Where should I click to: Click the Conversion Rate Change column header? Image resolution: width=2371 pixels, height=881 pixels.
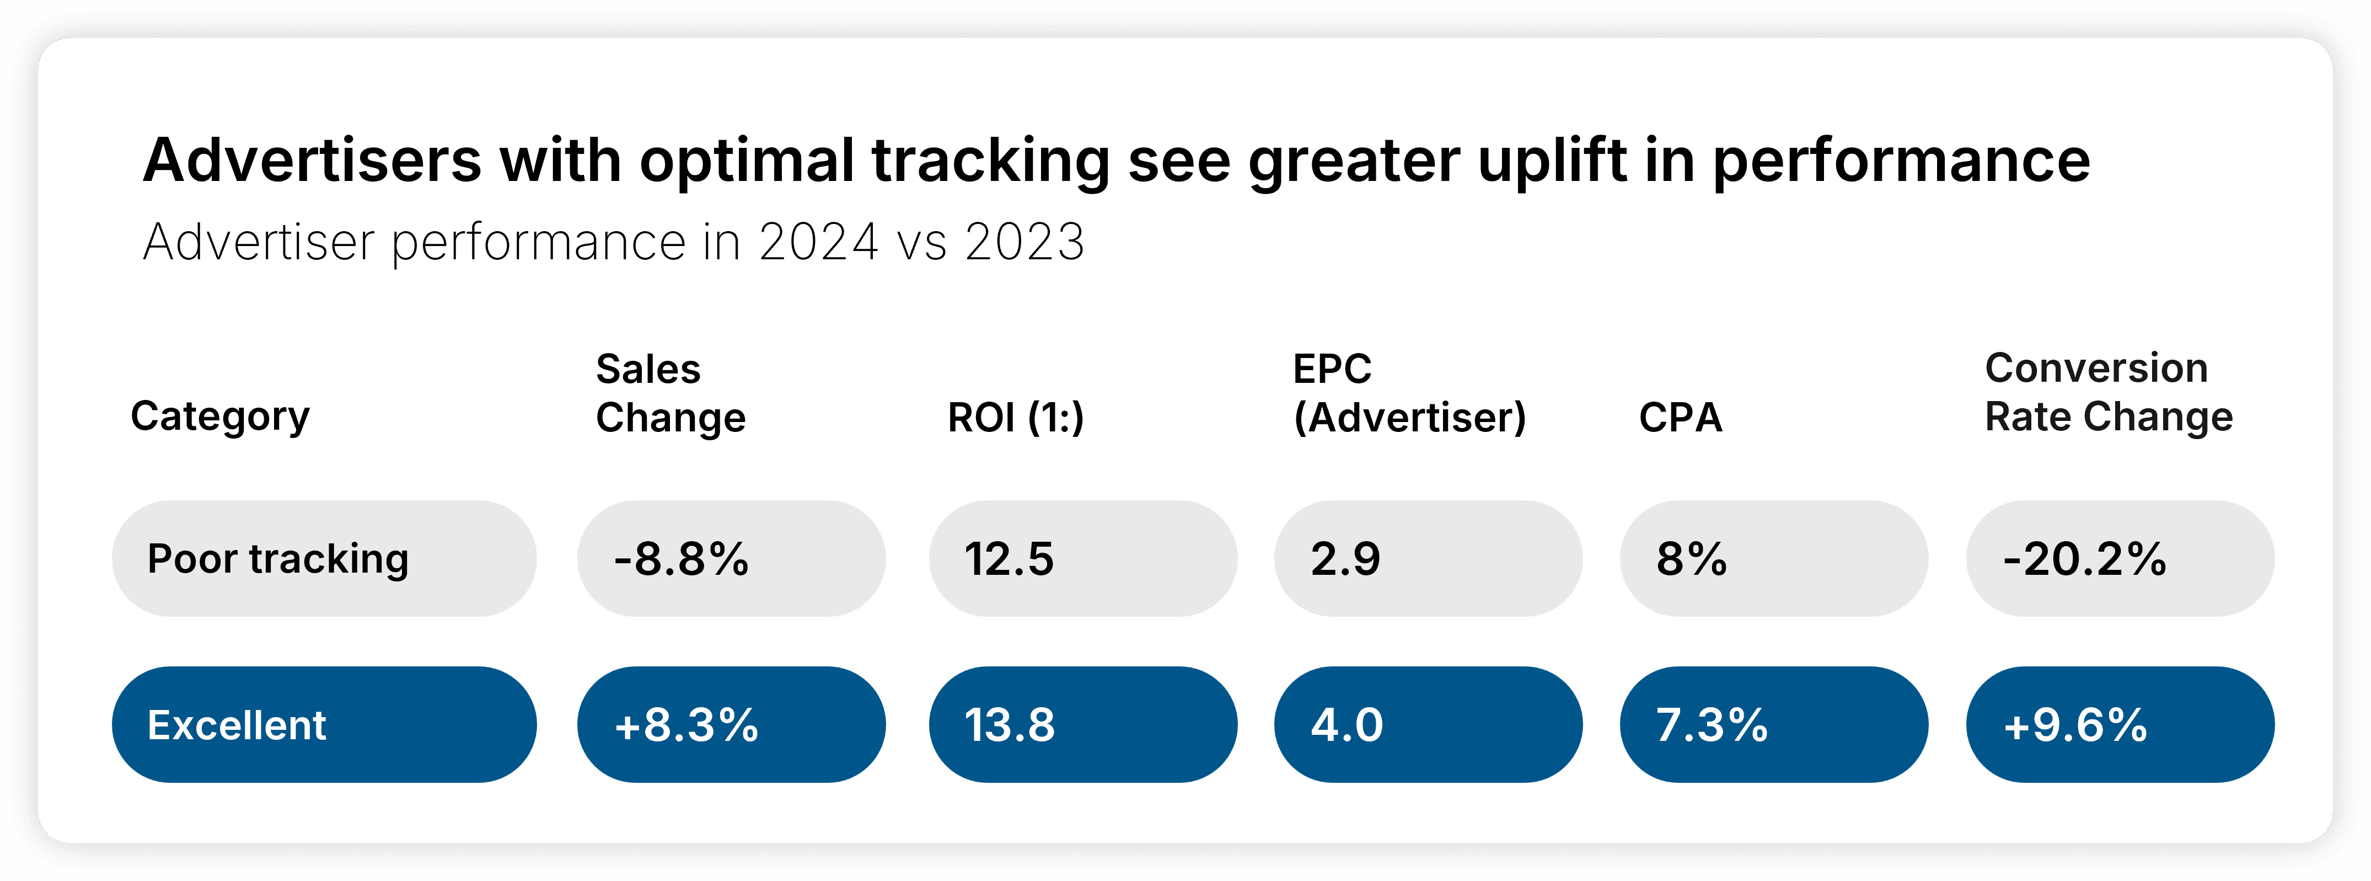(x=2109, y=392)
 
